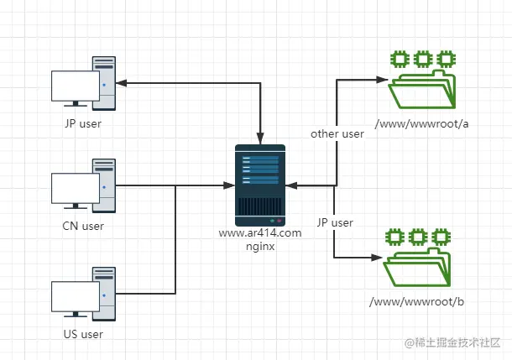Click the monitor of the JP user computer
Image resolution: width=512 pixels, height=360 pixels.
point(75,87)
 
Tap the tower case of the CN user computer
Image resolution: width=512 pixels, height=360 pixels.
point(103,184)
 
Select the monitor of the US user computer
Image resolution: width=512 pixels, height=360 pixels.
point(75,297)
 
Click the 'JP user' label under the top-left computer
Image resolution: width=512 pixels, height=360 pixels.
point(82,124)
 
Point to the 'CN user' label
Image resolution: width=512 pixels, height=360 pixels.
point(82,226)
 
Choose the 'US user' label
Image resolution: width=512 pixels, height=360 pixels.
point(82,334)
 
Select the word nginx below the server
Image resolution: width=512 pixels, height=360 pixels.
point(261,247)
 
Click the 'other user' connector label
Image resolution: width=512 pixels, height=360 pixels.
point(337,133)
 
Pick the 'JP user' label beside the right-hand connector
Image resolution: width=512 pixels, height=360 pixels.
point(335,222)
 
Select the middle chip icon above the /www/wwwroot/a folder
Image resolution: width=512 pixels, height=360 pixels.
point(422,59)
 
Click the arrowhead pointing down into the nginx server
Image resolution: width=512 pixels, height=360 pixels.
point(261,136)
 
